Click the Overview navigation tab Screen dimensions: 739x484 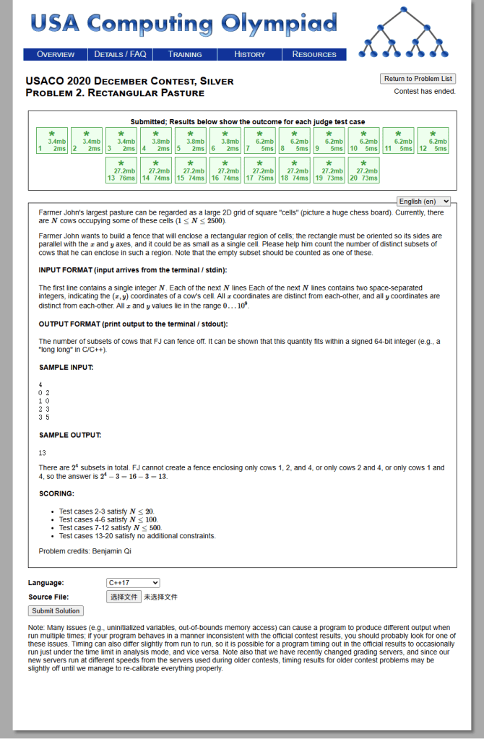pos(56,54)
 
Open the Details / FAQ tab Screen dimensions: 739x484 pos(120,54)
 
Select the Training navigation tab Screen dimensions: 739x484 pos(185,54)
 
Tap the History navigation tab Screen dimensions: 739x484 pos(250,54)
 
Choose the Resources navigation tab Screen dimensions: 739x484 pos(314,54)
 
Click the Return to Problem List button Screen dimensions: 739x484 pos(418,79)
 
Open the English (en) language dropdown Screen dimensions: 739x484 pos(424,202)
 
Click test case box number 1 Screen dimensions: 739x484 pos(52,141)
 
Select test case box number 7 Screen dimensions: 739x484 pos(260,141)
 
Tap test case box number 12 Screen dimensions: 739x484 pos(433,141)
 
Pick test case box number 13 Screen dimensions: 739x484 pos(121,170)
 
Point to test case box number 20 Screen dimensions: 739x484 pos(364,170)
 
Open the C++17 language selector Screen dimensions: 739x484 pos(133,583)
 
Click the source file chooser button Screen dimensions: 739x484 pos(124,597)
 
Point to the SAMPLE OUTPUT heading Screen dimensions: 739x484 pos(70,435)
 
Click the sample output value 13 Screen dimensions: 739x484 pos(43,453)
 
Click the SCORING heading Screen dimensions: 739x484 pos(56,493)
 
